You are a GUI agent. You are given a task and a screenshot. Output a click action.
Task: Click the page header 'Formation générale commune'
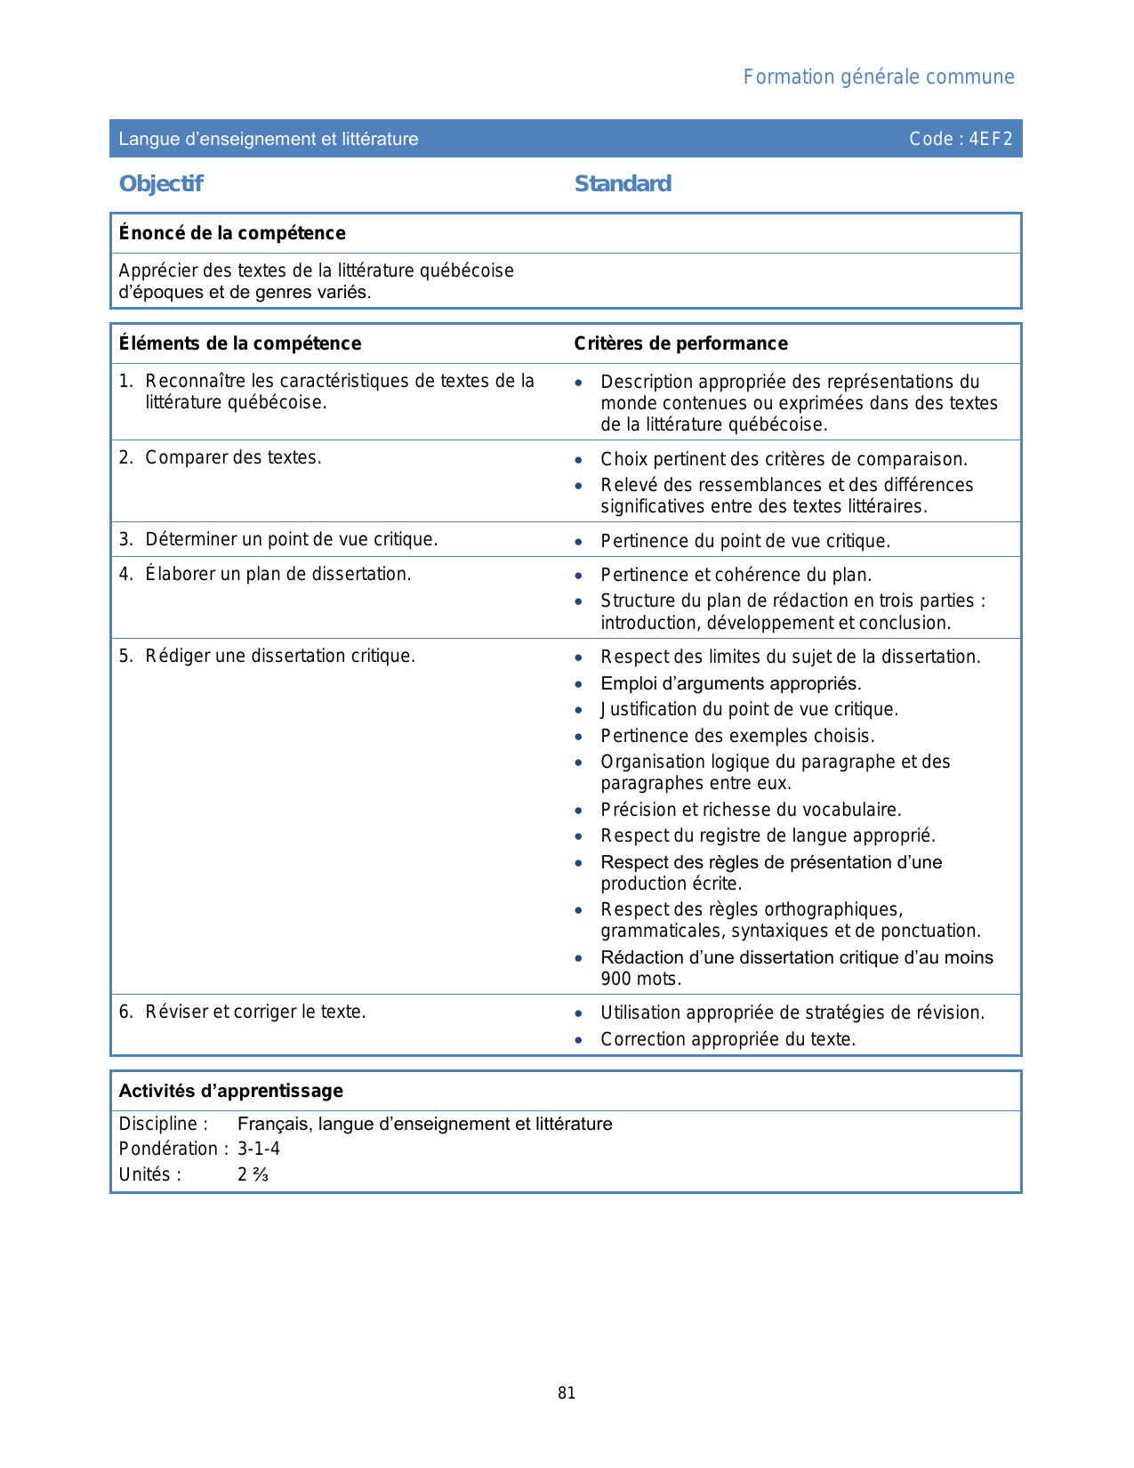click(878, 77)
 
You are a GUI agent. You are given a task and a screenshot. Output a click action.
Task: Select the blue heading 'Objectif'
click(161, 183)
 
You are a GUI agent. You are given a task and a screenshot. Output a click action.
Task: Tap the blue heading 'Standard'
click(623, 183)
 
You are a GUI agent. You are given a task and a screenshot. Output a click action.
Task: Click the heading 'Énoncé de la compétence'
click(232, 233)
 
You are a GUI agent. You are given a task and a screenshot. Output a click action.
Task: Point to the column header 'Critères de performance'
click(680, 343)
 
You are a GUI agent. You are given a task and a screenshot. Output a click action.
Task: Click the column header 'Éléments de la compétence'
click(240, 343)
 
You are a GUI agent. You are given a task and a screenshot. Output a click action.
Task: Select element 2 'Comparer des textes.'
click(233, 457)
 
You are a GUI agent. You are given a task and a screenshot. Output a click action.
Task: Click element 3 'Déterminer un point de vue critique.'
click(291, 539)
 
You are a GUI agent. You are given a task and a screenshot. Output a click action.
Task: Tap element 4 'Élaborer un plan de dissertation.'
click(277, 574)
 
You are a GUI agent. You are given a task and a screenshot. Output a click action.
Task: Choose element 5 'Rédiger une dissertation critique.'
click(280, 656)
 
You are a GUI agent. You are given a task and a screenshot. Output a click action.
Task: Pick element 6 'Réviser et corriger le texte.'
click(255, 1012)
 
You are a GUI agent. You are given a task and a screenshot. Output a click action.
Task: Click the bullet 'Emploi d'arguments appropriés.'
click(730, 683)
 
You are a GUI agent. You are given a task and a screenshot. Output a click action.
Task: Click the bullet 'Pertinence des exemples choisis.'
click(737, 736)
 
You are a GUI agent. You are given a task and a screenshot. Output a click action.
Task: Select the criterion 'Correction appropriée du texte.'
click(728, 1039)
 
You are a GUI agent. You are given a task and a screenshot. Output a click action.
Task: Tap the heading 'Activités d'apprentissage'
click(230, 1091)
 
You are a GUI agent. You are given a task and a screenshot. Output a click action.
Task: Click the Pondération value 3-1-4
click(258, 1149)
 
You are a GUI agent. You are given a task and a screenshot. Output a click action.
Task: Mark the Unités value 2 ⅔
click(253, 1174)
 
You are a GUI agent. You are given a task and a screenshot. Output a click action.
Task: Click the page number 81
click(567, 1393)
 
